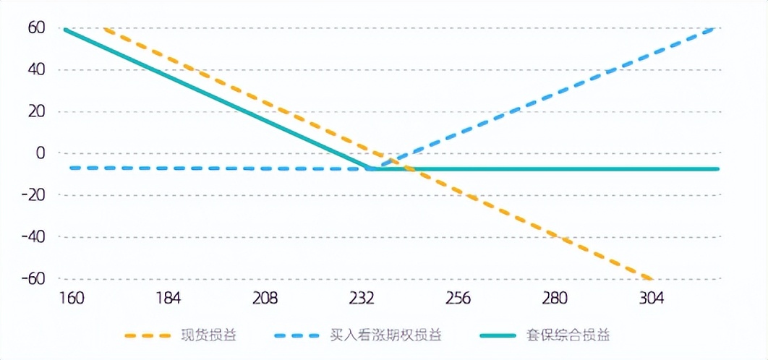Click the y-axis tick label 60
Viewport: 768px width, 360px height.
[x=36, y=27]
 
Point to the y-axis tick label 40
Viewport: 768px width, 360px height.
[x=36, y=70]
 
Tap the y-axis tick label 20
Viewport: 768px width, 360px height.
[x=36, y=111]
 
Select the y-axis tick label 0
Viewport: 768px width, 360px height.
[x=40, y=153]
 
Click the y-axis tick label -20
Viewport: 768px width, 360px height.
[x=33, y=194]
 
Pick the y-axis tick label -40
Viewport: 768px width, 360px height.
[x=33, y=236]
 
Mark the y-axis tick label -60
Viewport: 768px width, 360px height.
[x=33, y=278]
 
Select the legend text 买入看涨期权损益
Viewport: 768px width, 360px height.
[x=385, y=335]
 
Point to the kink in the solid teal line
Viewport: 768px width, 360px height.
[x=369, y=168]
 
